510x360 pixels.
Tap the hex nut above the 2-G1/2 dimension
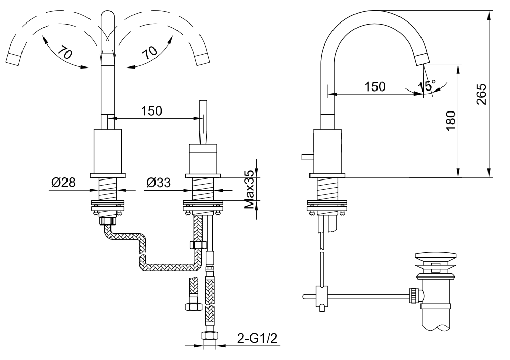tap(208, 336)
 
